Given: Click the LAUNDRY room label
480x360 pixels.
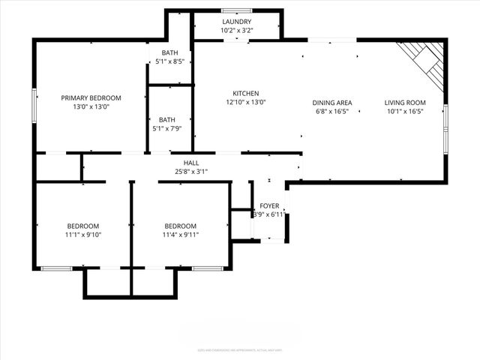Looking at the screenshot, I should [237, 22].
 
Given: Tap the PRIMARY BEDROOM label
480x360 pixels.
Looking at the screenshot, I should [91, 97].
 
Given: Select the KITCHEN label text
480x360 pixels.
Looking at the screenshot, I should [246, 93].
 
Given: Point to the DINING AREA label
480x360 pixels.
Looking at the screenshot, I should [332, 103].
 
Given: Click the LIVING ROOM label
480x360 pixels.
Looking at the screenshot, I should [405, 103].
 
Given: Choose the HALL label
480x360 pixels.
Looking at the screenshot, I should [191, 162].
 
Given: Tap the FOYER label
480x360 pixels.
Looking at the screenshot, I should [269, 205].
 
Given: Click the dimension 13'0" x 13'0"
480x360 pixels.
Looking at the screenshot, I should [91, 106].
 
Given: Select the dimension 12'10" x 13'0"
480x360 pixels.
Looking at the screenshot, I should [246, 102].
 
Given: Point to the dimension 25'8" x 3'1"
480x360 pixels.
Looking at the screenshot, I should [191, 171].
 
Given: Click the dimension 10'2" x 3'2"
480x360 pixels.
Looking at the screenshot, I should [237, 31].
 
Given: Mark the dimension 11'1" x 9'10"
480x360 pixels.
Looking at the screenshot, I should [83, 235].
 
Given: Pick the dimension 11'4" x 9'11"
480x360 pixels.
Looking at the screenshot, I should [181, 235].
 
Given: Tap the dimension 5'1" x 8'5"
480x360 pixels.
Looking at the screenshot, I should [169, 61].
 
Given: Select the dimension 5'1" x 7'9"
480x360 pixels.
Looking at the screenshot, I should [167, 128].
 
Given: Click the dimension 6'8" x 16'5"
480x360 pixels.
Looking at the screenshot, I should [332, 112].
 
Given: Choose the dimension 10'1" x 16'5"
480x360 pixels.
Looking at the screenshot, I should [405, 112].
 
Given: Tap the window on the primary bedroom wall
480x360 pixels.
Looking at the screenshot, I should [33, 106].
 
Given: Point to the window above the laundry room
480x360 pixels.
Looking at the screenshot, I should [237, 10].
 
